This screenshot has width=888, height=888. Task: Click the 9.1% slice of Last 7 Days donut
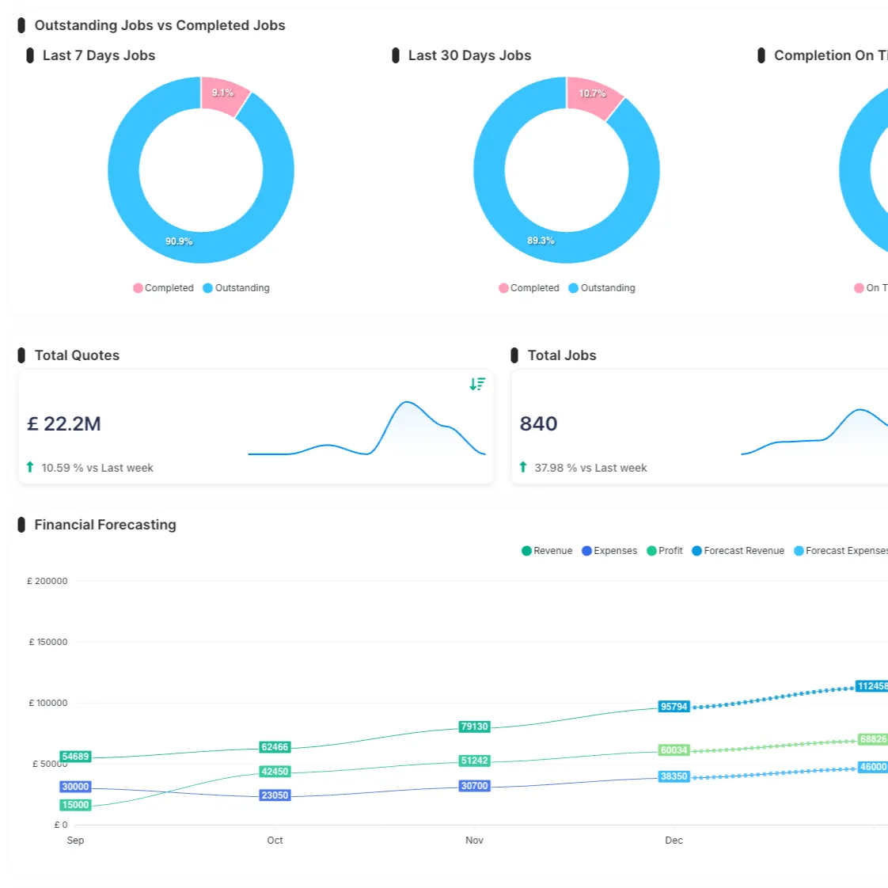tap(222, 95)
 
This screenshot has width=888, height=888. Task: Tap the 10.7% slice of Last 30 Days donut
tap(591, 97)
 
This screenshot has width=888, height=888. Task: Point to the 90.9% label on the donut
tap(179, 241)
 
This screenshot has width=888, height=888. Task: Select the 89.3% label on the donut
tap(541, 241)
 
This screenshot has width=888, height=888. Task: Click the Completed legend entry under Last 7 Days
tap(164, 288)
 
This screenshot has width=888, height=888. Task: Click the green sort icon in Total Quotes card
tap(477, 384)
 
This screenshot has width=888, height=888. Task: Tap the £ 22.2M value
tap(64, 424)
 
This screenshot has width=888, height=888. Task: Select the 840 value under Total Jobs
tap(538, 424)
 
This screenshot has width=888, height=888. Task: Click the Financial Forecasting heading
tap(104, 525)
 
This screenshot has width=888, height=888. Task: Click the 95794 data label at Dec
tap(674, 707)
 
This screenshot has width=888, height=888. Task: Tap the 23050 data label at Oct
tap(275, 795)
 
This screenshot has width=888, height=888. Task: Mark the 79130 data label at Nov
tap(474, 727)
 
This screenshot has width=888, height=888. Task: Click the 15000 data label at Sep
tap(75, 805)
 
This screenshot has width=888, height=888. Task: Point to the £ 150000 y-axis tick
tap(48, 642)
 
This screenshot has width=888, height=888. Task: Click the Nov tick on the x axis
tap(474, 841)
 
